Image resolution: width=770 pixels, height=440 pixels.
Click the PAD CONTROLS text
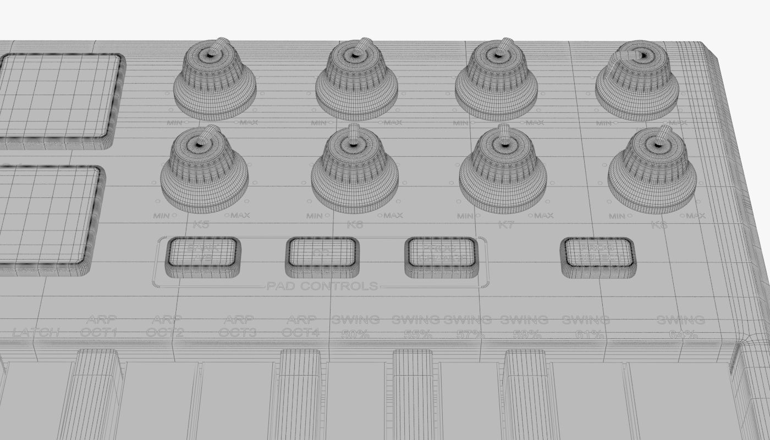tap(322, 286)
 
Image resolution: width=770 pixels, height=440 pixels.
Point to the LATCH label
tap(36, 332)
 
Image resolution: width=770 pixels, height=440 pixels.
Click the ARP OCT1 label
tap(99, 326)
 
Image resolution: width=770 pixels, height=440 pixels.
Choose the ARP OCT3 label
tap(238, 326)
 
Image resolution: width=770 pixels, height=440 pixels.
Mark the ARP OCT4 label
tap(301, 326)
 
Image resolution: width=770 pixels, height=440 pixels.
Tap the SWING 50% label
tap(355, 326)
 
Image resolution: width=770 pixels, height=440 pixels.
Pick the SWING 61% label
tap(586, 327)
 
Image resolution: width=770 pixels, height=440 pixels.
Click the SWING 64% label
tap(681, 327)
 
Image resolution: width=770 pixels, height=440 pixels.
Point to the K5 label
tap(201, 224)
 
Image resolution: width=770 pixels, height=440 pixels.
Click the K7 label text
tap(505, 224)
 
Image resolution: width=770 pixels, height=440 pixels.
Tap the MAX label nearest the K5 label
tap(240, 215)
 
